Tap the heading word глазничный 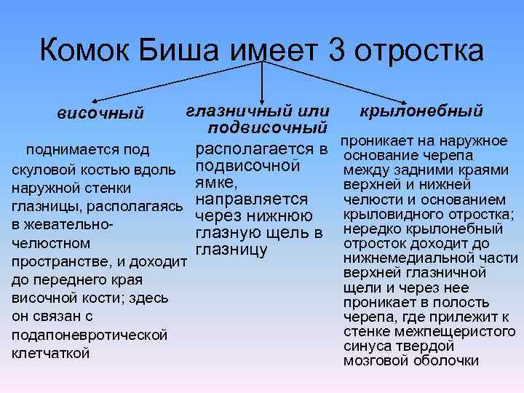pyautogui.click(x=237, y=111)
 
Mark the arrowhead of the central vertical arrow pyautogui.click(x=262, y=93)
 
